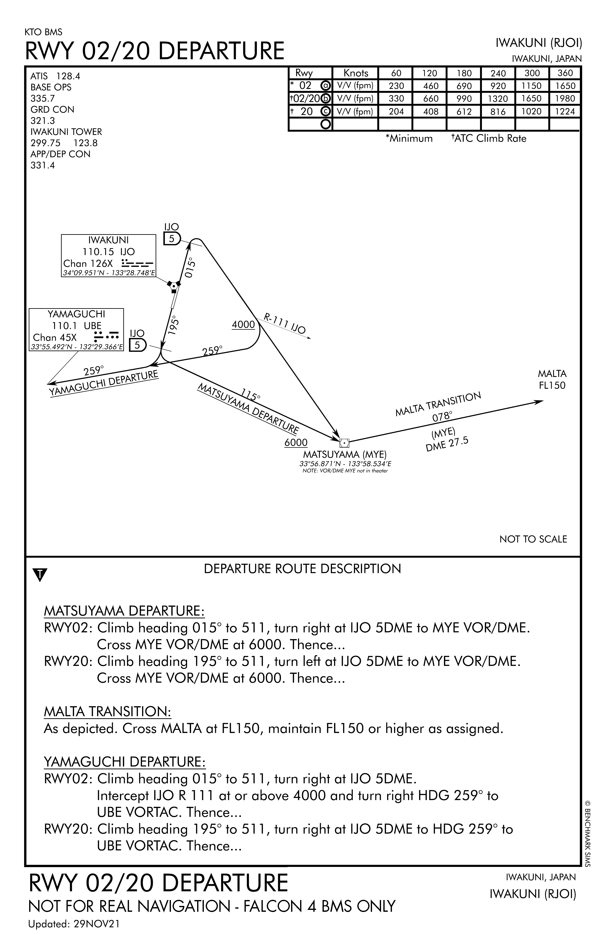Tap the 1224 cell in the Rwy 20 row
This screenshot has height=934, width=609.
click(565, 112)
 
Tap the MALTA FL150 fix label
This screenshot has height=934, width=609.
click(552, 379)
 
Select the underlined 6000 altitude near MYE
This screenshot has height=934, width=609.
click(296, 443)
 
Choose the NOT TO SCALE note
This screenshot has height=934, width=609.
click(533, 539)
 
